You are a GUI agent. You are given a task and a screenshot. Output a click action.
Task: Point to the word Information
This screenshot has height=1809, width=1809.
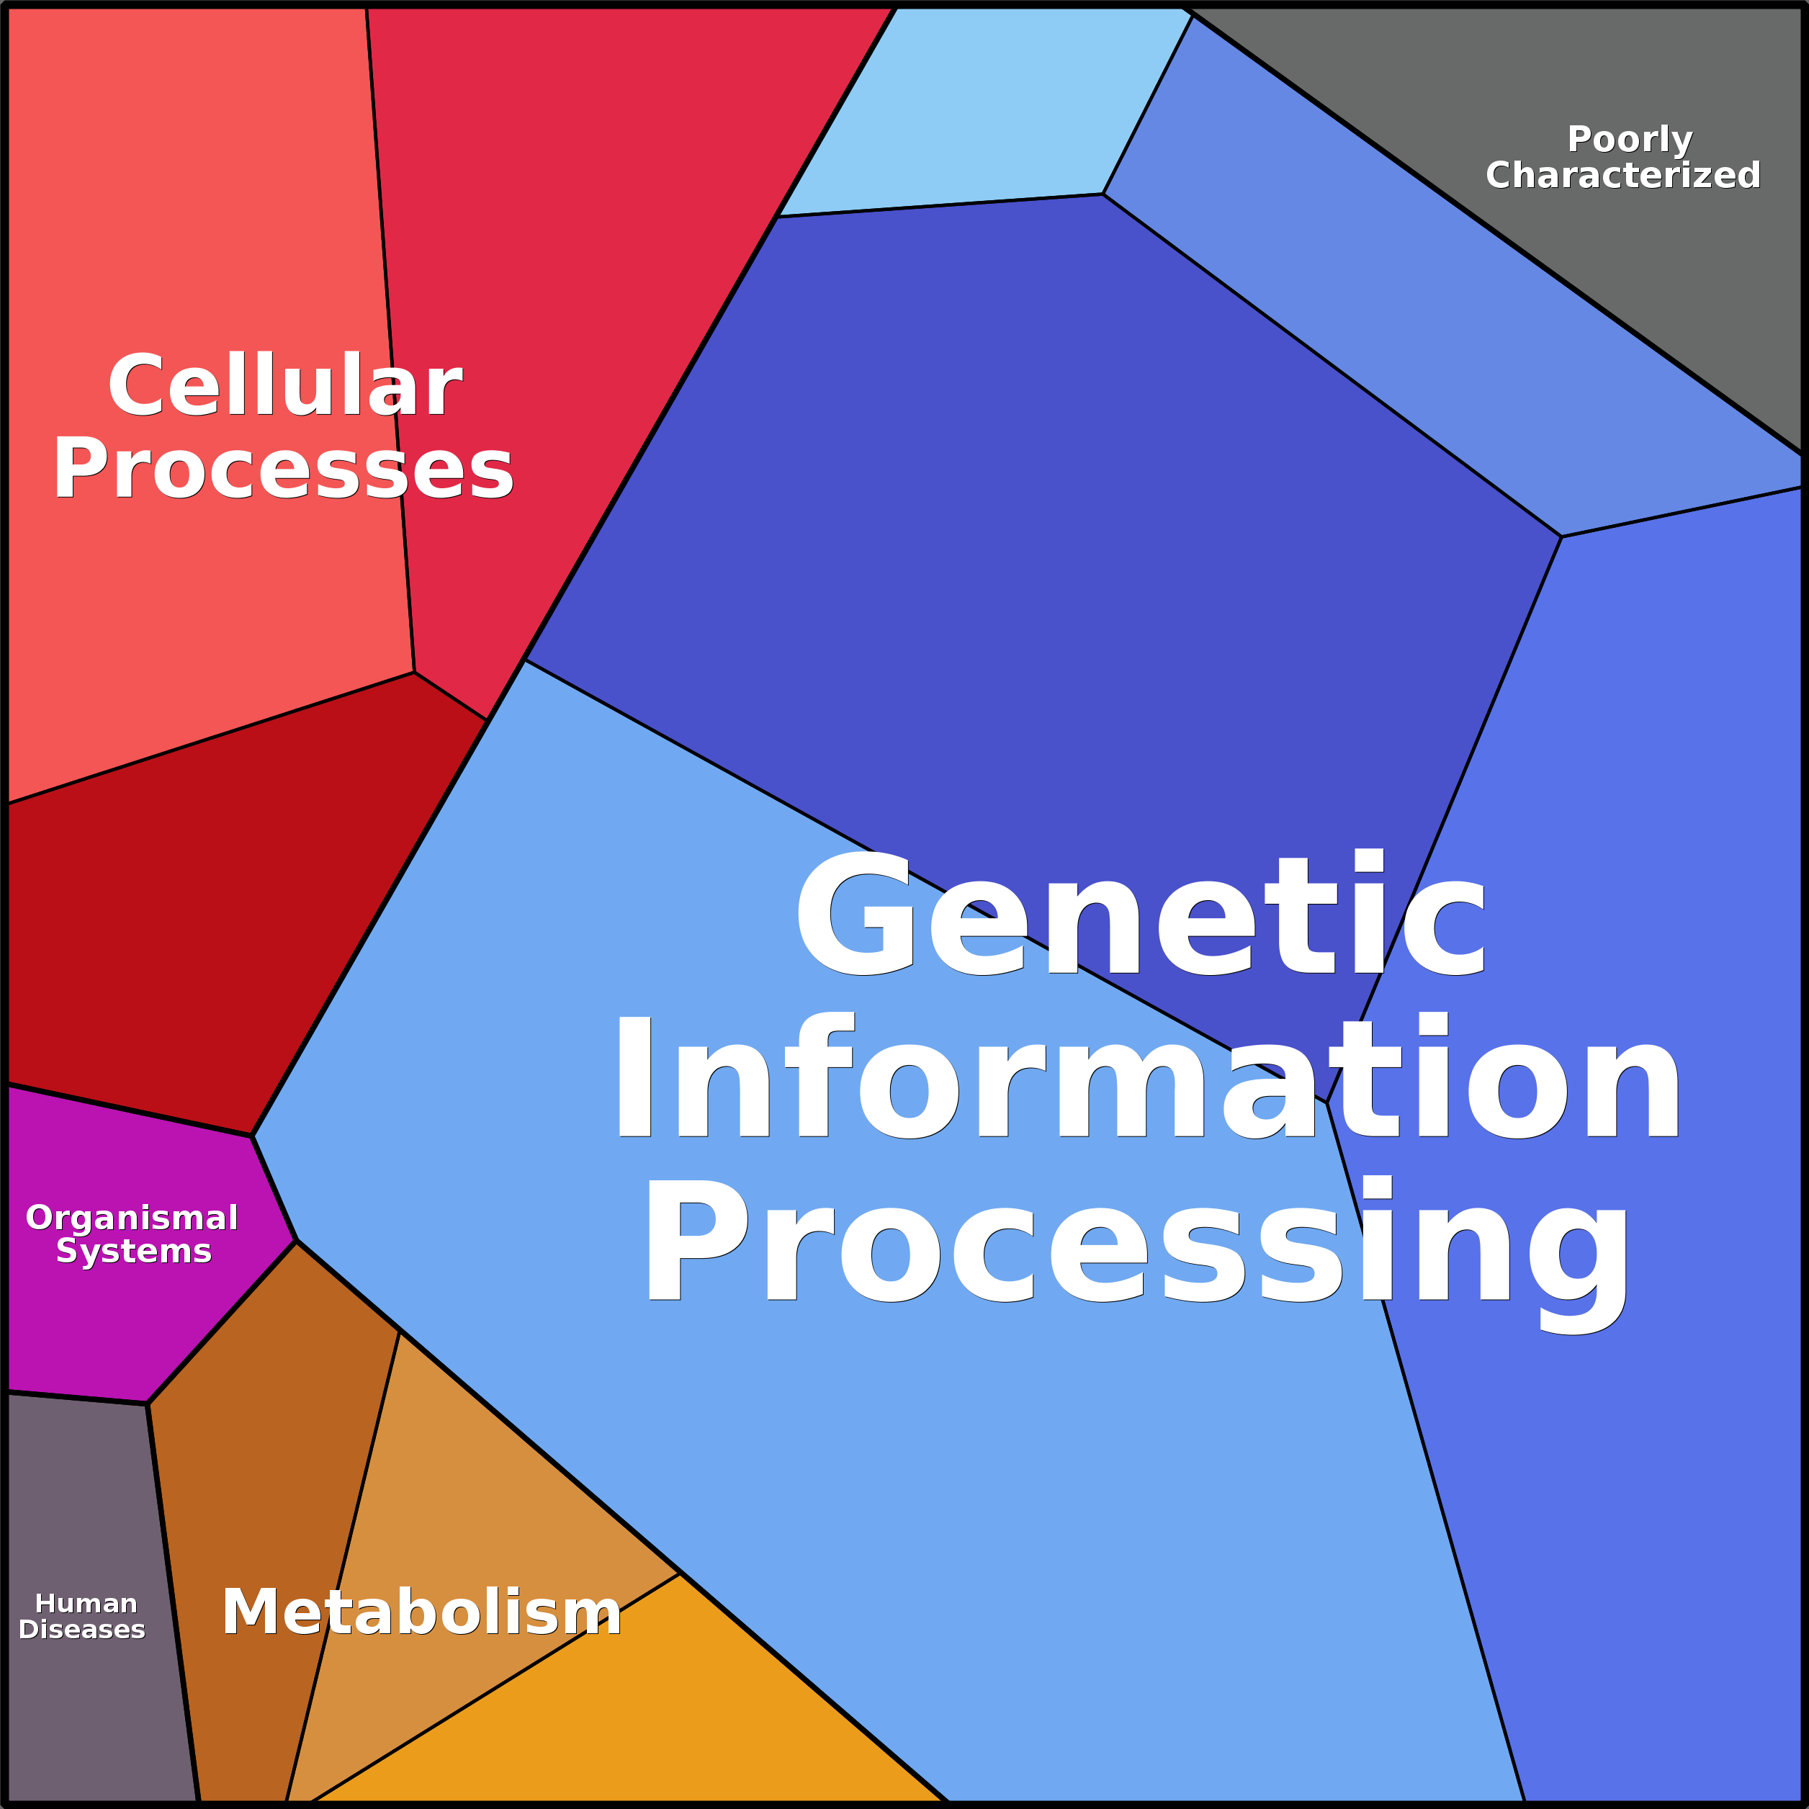click(1148, 1079)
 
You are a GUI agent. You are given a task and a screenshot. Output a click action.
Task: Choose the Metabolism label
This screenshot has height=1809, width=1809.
click(421, 1612)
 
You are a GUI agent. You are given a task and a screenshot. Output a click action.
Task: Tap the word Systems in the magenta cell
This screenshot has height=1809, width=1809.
click(134, 1251)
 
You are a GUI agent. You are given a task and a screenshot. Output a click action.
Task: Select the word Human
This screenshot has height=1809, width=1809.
click(86, 1604)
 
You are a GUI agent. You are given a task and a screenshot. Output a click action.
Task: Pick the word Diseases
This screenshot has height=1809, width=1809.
click(82, 1629)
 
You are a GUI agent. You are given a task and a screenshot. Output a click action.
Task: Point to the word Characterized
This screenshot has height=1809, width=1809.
click(1622, 175)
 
